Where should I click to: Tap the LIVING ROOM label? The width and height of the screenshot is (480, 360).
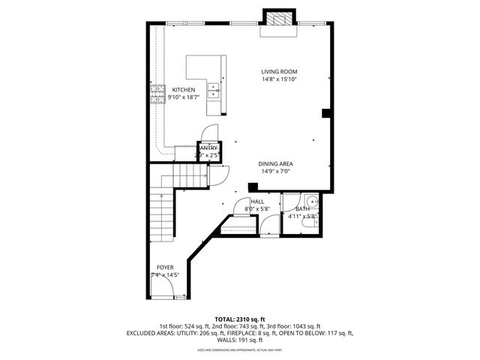[x=279, y=72]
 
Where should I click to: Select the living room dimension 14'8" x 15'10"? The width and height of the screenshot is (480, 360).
[x=279, y=79]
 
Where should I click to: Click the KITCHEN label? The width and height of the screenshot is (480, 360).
[x=184, y=89]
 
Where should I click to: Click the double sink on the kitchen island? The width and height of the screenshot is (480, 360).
[x=214, y=91]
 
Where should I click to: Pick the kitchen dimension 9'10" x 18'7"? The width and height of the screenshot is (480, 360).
[x=184, y=97]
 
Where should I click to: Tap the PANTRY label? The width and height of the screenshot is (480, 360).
[x=208, y=148]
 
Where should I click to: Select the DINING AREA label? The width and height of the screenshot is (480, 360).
[x=275, y=163]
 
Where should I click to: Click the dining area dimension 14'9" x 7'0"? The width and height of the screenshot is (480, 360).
[x=275, y=171]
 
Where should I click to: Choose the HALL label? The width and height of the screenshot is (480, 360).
[x=257, y=202]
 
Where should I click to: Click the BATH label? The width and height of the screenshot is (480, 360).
[x=302, y=209]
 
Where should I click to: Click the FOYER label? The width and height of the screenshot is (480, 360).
[x=164, y=268]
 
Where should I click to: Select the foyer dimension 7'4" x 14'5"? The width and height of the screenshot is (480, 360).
[x=164, y=275]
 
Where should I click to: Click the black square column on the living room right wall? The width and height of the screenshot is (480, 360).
[x=325, y=113]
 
